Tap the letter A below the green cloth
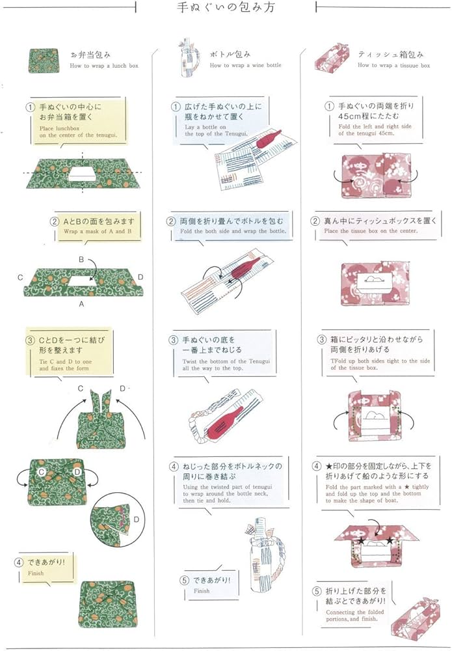81,303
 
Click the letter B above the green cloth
81,259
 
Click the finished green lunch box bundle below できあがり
107,602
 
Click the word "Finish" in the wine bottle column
202,591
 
